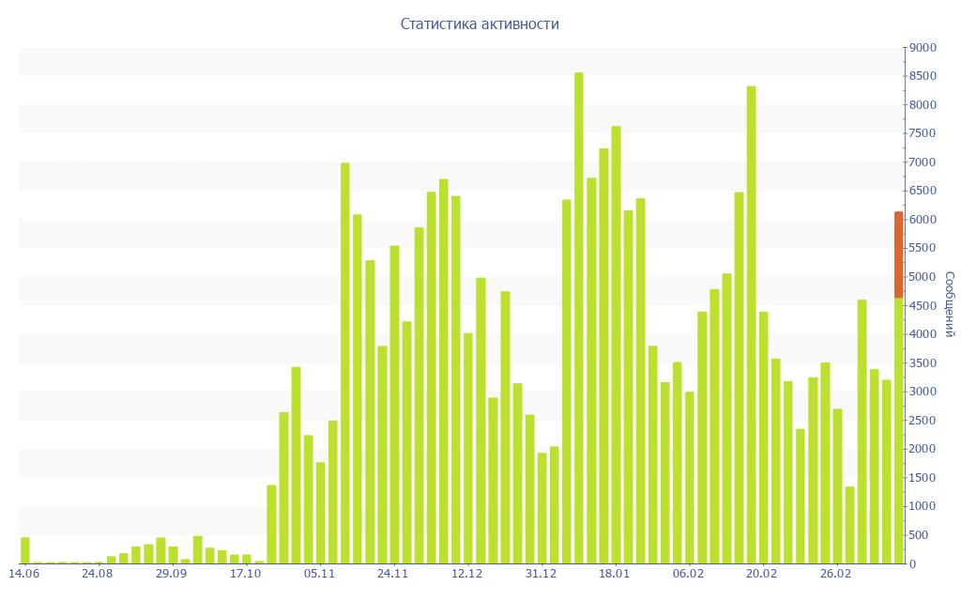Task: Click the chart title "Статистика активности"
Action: click(480, 23)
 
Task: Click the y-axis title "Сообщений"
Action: click(949, 304)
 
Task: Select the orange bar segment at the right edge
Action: click(898, 254)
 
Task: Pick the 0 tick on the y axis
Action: click(913, 564)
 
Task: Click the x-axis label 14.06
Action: click(23, 574)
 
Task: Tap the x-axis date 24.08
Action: click(97, 574)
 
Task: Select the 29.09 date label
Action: click(171, 574)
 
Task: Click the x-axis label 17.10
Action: click(245, 574)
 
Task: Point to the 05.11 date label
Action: click(319, 574)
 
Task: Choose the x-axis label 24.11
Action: click(393, 574)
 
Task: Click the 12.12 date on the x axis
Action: click(466, 574)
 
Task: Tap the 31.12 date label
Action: click(541, 574)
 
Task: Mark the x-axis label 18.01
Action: click(615, 574)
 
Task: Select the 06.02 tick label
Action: click(689, 574)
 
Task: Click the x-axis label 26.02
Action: click(835, 574)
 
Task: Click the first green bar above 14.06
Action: click(25, 550)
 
